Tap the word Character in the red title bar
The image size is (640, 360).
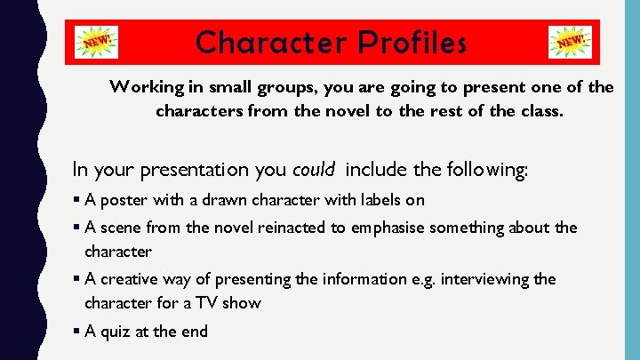268,42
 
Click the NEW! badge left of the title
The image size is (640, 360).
99,42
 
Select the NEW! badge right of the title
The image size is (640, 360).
571,42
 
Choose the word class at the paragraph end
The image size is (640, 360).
542,111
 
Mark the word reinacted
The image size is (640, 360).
290,228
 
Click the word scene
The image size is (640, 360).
120,228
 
